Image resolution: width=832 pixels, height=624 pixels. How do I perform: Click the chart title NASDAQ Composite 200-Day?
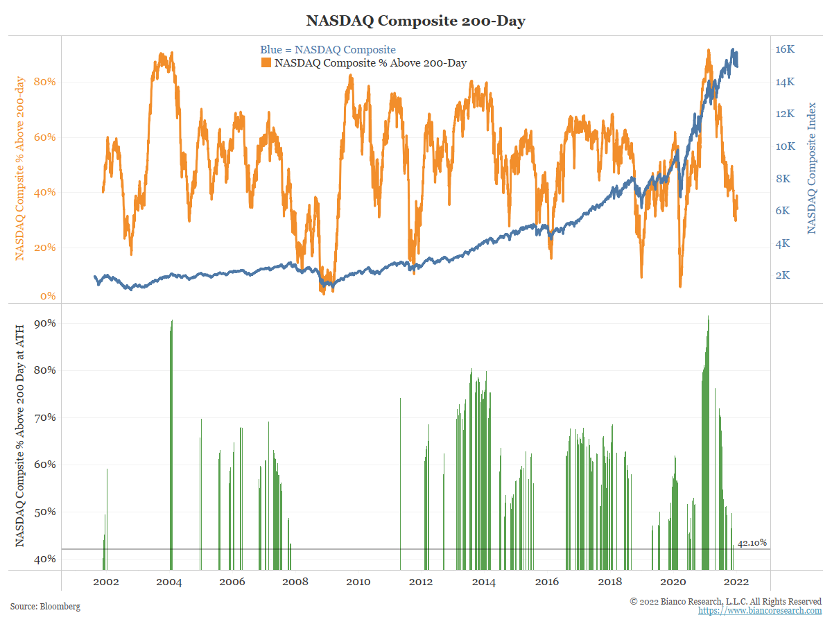(416, 21)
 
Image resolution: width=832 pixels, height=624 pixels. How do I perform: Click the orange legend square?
(266, 63)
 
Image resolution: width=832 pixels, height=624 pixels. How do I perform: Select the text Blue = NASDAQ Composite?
(328, 49)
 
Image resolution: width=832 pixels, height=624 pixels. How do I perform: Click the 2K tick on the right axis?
(783, 275)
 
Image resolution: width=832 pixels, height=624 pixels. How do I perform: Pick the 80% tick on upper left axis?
(45, 82)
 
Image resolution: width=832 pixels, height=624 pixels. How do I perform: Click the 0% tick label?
(48, 297)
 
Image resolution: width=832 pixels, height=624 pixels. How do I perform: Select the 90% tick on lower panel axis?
(45, 323)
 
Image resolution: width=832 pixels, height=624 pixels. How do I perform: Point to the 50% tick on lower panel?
(45, 512)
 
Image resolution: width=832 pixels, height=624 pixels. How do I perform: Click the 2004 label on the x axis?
(169, 582)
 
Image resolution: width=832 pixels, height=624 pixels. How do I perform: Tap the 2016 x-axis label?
(547, 582)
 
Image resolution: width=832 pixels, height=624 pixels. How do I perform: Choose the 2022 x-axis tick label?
(736, 582)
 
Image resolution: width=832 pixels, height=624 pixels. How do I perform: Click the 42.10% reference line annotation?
(752, 543)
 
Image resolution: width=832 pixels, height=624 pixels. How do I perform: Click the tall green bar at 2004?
(171, 444)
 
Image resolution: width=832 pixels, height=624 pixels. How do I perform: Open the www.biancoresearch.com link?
(760, 611)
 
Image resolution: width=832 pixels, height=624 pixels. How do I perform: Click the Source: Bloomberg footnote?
(45, 607)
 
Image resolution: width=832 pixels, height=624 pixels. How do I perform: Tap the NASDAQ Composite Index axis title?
(813, 168)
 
